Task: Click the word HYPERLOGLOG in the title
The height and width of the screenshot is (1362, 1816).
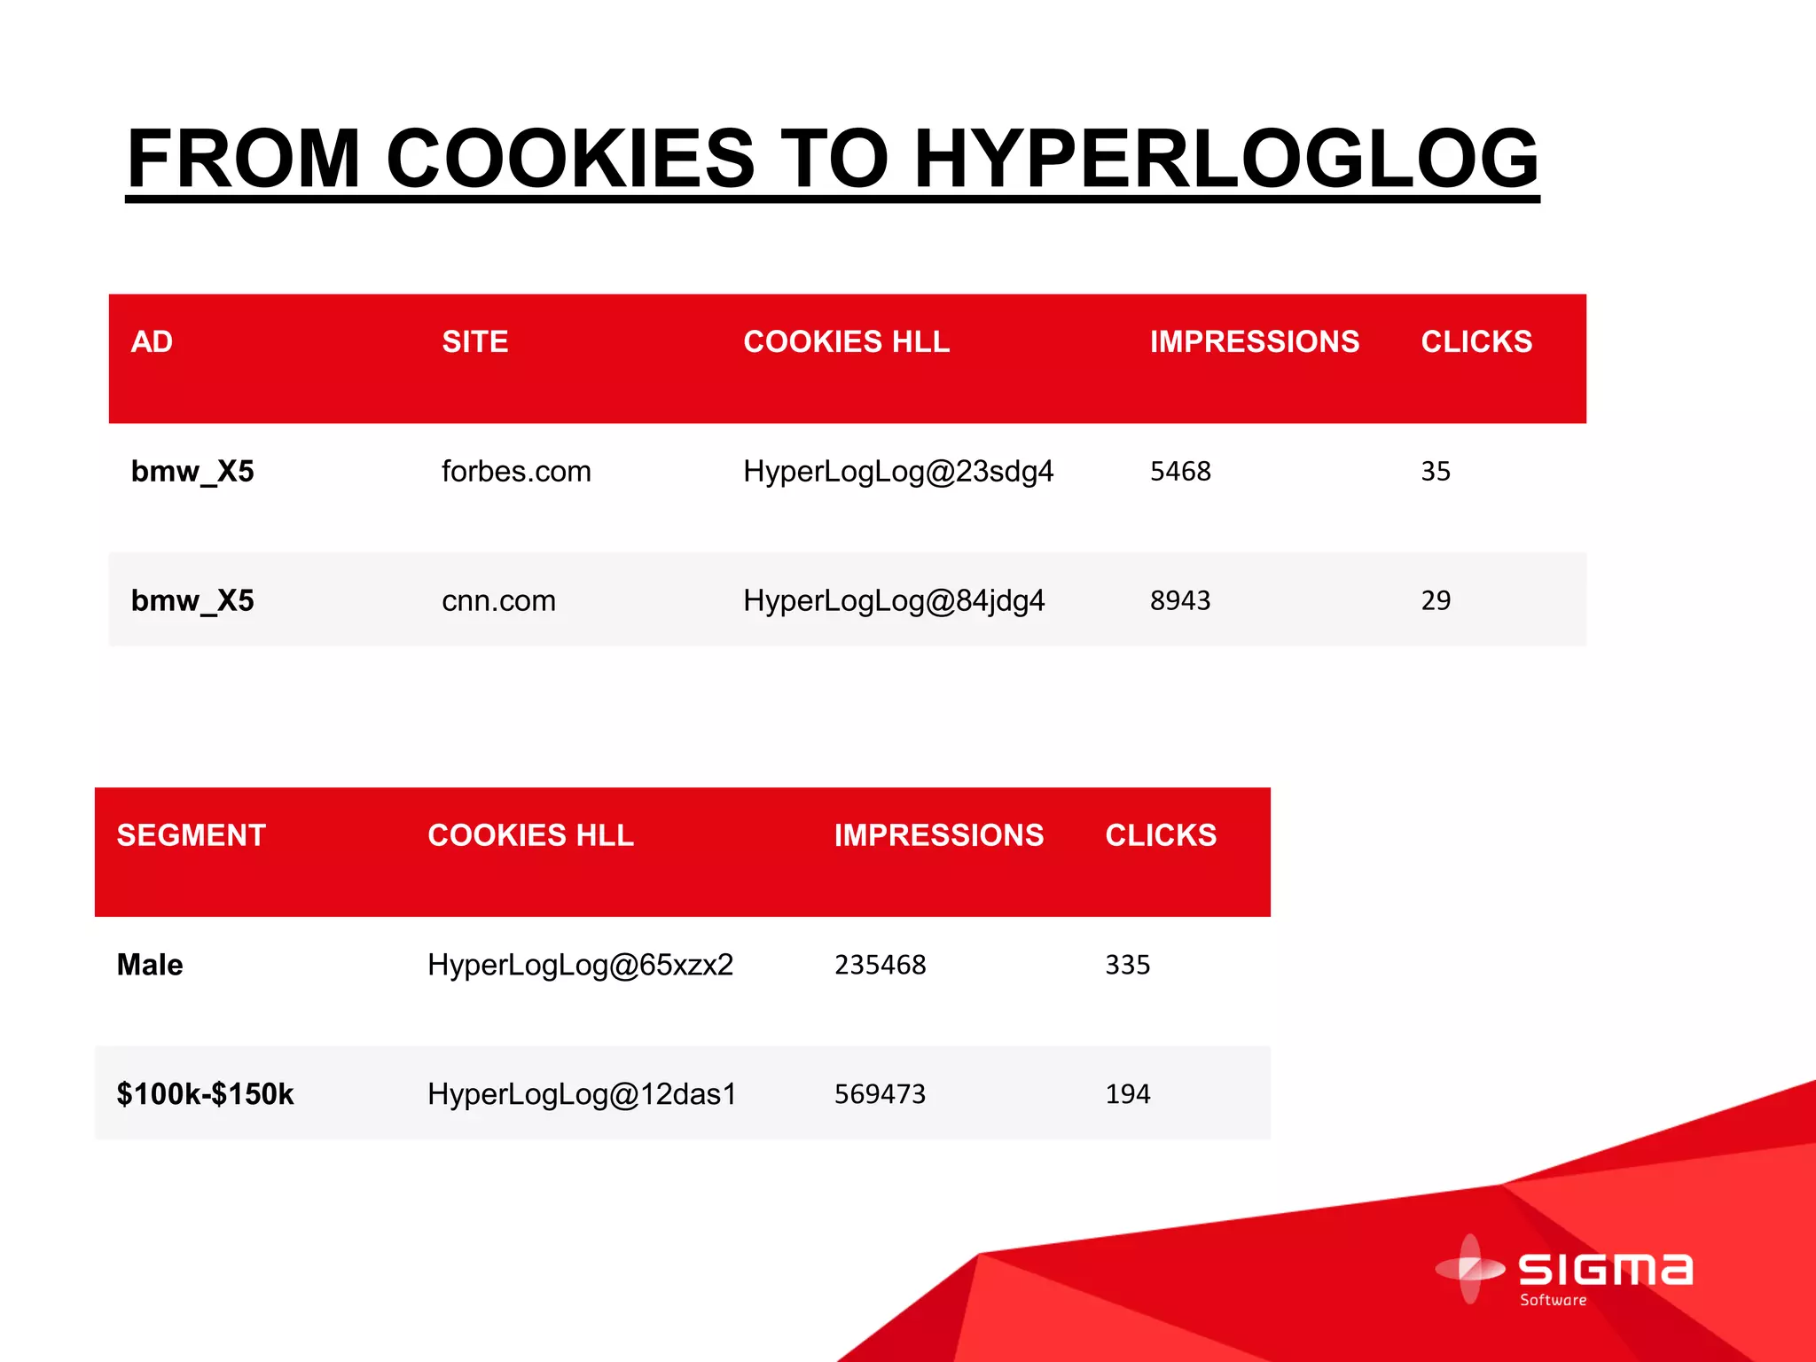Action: pyautogui.click(x=1225, y=160)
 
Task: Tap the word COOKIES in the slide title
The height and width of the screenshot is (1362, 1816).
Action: pyautogui.click(x=569, y=160)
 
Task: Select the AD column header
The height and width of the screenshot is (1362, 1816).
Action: pyautogui.click(x=152, y=342)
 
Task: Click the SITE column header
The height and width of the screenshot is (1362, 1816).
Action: pyautogui.click(x=475, y=342)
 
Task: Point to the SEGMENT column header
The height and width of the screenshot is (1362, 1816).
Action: pyautogui.click(x=192, y=835)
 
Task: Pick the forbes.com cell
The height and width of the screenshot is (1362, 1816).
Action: pyautogui.click(x=516, y=471)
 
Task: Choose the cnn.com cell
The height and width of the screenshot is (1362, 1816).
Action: pyautogui.click(x=498, y=600)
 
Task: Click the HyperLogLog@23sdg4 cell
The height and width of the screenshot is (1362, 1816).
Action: pyautogui.click(x=898, y=471)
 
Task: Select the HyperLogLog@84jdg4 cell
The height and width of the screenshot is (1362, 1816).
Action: pyautogui.click(x=894, y=600)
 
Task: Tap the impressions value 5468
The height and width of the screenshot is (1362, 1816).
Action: pyautogui.click(x=1180, y=471)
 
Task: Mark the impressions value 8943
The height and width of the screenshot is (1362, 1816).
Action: pyautogui.click(x=1180, y=600)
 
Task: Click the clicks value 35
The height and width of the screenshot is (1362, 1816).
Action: pyautogui.click(x=1436, y=471)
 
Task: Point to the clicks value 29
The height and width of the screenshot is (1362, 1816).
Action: pyautogui.click(x=1436, y=600)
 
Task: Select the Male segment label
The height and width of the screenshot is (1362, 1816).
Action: pyautogui.click(x=150, y=965)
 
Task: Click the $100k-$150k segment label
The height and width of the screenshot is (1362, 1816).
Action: pyautogui.click(x=205, y=1094)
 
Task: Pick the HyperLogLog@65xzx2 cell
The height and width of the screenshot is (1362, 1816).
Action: pyautogui.click(x=581, y=965)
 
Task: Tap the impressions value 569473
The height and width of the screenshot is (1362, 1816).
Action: pyautogui.click(x=880, y=1094)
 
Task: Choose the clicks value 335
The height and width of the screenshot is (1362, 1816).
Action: pyautogui.click(x=1128, y=965)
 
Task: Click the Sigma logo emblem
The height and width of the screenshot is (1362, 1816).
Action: pyautogui.click(x=1470, y=1269)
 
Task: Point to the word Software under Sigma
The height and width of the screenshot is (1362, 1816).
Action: pyautogui.click(x=1554, y=1300)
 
